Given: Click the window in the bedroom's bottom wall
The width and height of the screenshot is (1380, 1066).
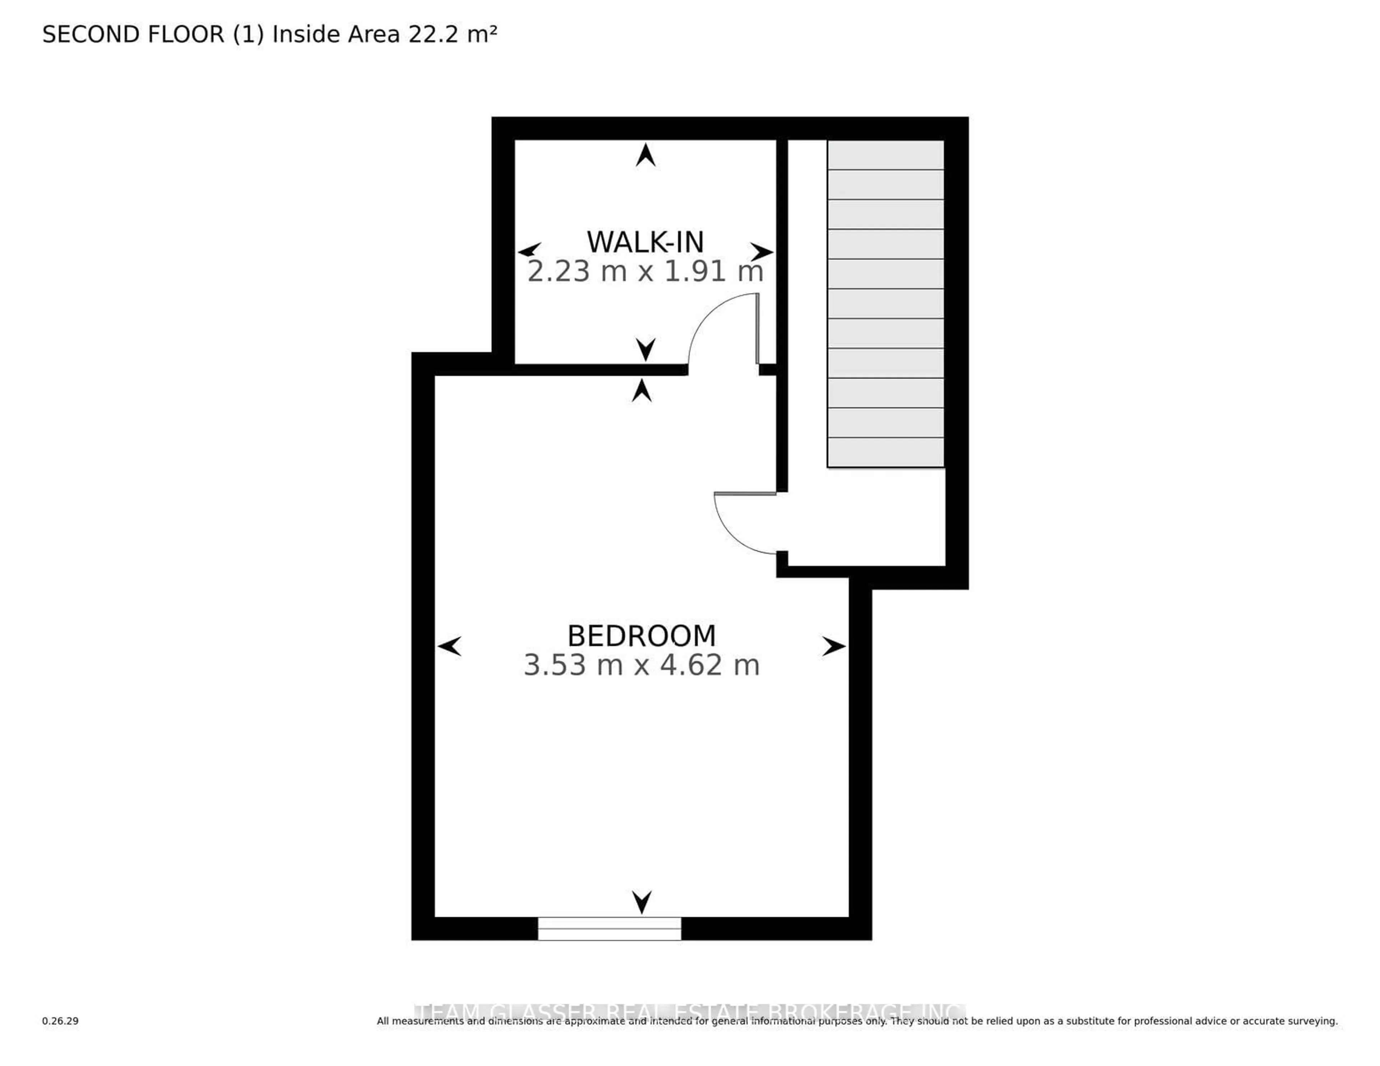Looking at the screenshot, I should click(x=609, y=928).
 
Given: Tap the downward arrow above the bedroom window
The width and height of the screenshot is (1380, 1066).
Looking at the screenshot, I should click(x=641, y=902).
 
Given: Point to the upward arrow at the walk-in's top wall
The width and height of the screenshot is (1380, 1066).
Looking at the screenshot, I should click(x=645, y=156).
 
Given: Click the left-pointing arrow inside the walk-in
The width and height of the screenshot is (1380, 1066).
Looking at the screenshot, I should click(x=529, y=250).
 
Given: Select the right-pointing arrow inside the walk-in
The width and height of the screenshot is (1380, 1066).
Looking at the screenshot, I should click(x=762, y=251).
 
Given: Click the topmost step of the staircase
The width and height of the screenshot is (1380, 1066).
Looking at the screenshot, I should click(x=885, y=155).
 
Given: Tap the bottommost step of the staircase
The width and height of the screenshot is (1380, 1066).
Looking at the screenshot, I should click(x=885, y=452).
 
